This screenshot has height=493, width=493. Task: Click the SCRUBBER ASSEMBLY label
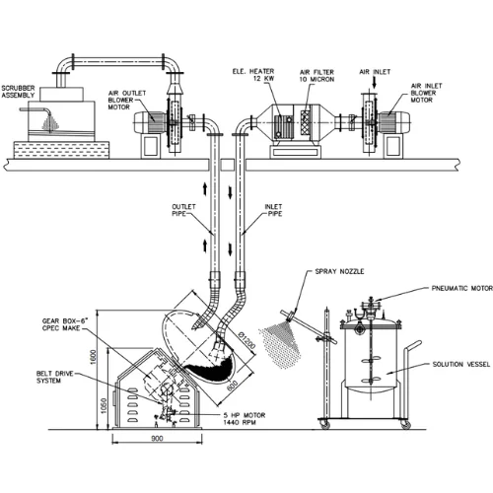[18, 92]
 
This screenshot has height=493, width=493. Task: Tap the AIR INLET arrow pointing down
[374, 83]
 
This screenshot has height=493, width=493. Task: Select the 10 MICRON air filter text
[317, 79]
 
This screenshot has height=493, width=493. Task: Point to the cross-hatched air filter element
[306, 122]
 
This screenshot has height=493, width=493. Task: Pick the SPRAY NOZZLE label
[339, 271]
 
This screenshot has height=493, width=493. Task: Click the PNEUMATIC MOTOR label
[461, 288]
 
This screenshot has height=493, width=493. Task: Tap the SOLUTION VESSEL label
[461, 364]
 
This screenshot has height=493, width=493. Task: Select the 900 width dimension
[157, 438]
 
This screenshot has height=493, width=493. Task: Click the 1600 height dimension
[94, 357]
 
